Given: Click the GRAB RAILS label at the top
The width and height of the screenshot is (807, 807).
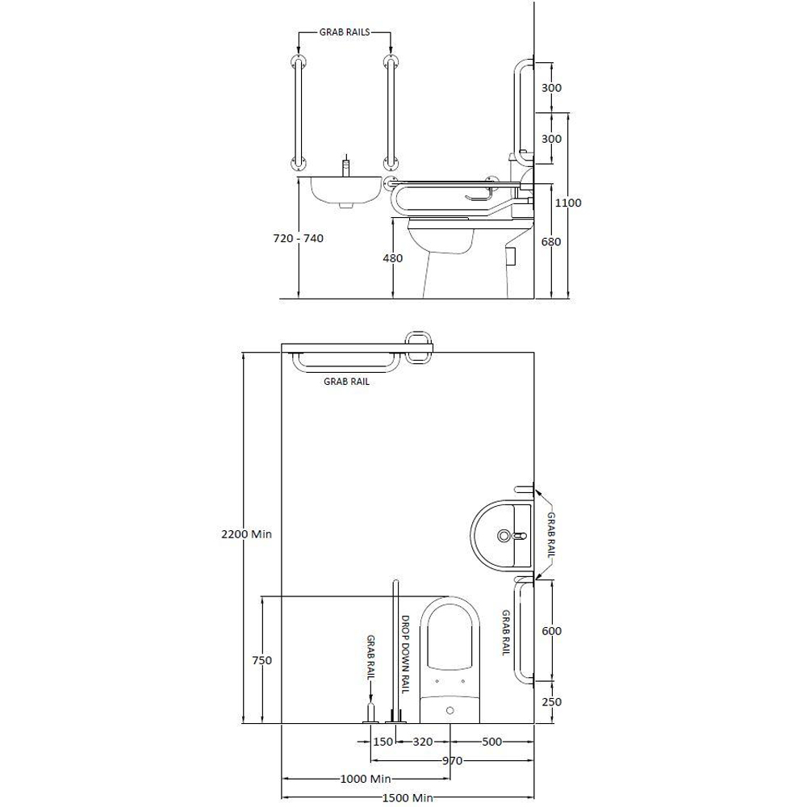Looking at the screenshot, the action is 345,32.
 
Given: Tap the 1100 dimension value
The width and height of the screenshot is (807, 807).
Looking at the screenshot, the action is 567,203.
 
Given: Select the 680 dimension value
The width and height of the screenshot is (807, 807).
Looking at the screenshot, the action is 551,241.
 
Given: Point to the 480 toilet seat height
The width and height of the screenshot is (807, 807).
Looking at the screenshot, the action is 393,258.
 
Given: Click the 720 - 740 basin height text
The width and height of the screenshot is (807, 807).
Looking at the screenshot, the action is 299,238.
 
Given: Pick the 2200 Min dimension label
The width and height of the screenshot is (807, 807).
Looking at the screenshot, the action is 246,534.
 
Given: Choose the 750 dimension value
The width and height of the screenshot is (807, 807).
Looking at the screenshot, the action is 262,660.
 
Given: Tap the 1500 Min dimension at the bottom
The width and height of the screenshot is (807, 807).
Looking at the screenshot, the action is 407,798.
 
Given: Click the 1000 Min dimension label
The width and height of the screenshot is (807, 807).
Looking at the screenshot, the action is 366,779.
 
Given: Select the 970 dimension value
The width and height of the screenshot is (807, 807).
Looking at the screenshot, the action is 453,760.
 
